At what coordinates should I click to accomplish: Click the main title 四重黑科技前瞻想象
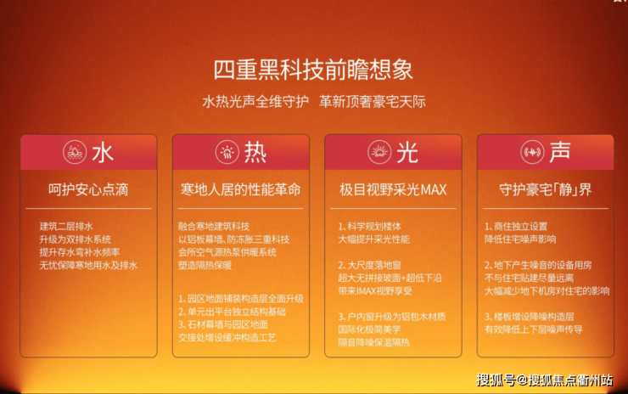pyautogui.click(x=313, y=70)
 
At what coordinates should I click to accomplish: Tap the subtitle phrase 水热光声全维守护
pyautogui.click(x=255, y=101)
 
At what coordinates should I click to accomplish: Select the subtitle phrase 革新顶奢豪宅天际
pyautogui.click(x=372, y=101)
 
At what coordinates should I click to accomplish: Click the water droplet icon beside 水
pyautogui.click(x=75, y=152)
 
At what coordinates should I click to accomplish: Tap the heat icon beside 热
pyautogui.click(x=227, y=152)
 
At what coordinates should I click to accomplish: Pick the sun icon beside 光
pyautogui.click(x=379, y=152)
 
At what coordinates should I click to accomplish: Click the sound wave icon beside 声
pyautogui.click(x=532, y=152)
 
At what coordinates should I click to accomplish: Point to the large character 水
pyautogui.click(x=103, y=153)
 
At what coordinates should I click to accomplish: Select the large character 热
pyautogui.click(x=255, y=153)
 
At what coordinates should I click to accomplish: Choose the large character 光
pyautogui.click(x=407, y=153)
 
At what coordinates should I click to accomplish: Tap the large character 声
pyautogui.click(x=560, y=152)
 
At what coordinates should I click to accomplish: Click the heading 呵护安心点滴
pyautogui.click(x=88, y=189)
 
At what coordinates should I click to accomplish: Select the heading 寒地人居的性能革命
pyautogui.click(x=241, y=189)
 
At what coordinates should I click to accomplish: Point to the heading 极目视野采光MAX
pyautogui.click(x=393, y=189)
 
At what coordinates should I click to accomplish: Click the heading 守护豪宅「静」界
pyautogui.click(x=545, y=189)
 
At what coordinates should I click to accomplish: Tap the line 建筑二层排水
pyautogui.click(x=66, y=227)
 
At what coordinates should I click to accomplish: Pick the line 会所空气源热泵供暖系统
pyautogui.click(x=227, y=252)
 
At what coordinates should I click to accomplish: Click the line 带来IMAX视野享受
pyautogui.click(x=375, y=291)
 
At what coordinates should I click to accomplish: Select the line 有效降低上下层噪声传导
pyautogui.click(x=534, y=329)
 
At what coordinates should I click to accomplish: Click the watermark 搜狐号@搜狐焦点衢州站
pyautogui.click(x=544, y=380)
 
